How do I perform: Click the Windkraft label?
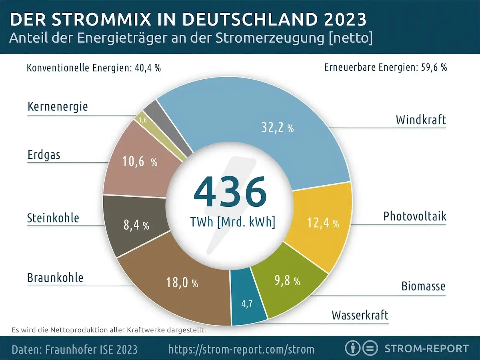click(x=420, y=120)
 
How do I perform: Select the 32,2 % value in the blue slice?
click(x=278, y=128)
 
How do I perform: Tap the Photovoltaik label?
click(x=414, y=216)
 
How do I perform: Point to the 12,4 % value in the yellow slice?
click(x=323, y=223)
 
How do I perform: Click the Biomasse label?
click(x=423, y=286)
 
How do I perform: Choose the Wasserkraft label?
click(x=360, y=315)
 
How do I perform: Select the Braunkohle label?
click(x=55, y=278)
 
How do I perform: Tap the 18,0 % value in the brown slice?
click(x=182, y=283)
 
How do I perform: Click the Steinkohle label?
click(x=53, y=218)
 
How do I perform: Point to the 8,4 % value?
click(x=136, y=225)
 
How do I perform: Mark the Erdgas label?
click(x=44, y=155)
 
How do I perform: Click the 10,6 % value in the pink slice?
click(x=139, y=162)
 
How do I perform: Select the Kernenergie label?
click(x=58, y=107)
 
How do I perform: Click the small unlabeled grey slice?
click(x=150, y=107)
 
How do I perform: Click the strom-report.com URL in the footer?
click(x=241, y=349)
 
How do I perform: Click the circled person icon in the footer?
click(x=352, y=348)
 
